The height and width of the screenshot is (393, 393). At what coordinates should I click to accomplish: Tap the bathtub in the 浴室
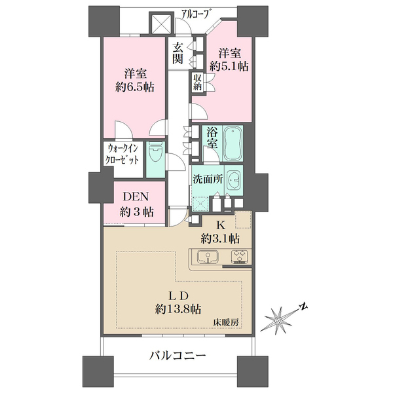(233, 143)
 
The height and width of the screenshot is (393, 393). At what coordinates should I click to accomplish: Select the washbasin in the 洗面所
(234, 179)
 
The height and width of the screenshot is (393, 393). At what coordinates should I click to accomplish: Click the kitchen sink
(208, 257)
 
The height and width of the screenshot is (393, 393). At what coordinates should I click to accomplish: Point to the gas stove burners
(240, 256)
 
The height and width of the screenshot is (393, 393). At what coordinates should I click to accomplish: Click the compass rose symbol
(278, 320)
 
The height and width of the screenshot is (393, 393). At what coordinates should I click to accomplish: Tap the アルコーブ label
(195, 14)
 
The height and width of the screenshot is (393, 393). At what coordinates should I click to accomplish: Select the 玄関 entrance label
(178, 53)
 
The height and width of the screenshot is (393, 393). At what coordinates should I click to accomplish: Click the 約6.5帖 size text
(135, 87)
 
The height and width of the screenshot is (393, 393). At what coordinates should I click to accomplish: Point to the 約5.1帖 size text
(229, 66)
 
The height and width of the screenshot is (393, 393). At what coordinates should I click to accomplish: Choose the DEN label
(136, 196)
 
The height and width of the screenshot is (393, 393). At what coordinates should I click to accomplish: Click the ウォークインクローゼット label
(122, 155)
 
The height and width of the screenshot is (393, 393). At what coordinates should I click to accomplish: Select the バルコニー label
(178, 355)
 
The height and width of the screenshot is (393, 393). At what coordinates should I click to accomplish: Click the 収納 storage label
(198, 83)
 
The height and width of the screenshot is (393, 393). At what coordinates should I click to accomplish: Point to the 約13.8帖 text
(178, 309)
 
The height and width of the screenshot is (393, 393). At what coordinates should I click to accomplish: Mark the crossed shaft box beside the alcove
(160, 24)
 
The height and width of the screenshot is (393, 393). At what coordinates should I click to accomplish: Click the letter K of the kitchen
(221, 226)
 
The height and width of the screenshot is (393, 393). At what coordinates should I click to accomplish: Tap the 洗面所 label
(208, 179)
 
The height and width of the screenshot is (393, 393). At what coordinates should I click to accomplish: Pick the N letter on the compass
(304, 307)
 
